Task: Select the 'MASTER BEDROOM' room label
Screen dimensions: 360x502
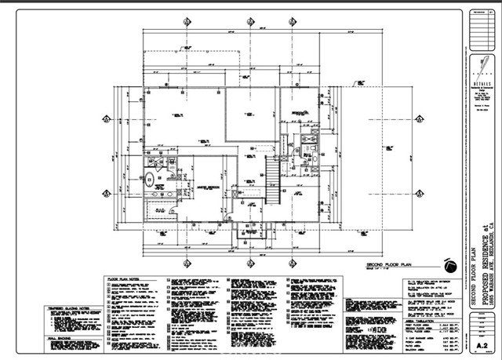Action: coord(208,186)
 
